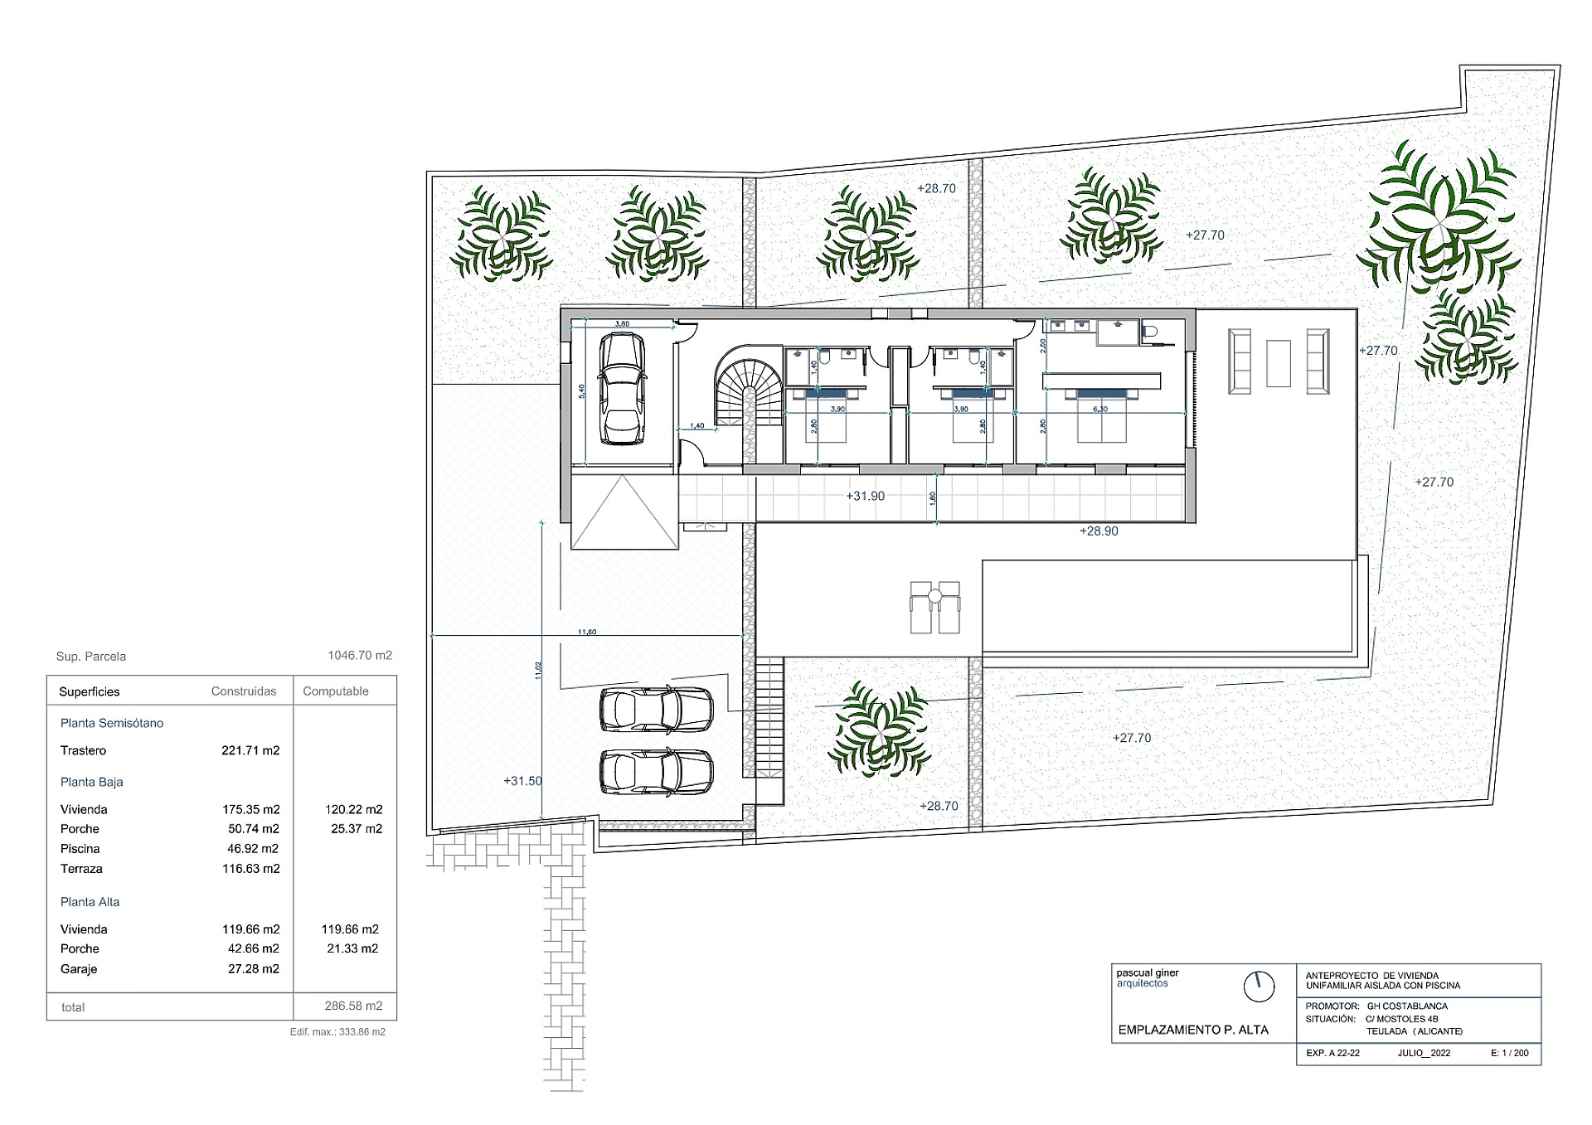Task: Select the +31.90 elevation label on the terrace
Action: tap(865, 496)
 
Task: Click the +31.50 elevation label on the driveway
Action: tap(522, 781)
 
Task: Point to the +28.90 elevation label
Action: tap(1099, 531)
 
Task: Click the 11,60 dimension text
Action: tap(587, 632)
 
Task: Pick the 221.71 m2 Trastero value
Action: tap(250, 751)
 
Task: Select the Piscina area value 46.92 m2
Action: tap(250, 849)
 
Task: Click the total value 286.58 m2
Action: tap(353, 1006)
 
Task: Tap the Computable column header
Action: tap(336, 691)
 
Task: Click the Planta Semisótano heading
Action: tap(112, 723)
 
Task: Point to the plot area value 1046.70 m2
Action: tap(360, 656)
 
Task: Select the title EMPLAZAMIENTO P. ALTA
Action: tap(1193, 1030)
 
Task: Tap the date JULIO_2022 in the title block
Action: tap(1424, 1054)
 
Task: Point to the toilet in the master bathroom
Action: tap(1149, 332)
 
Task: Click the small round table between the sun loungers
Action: tap(934, 595)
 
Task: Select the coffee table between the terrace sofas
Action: tap(1278, 363)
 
